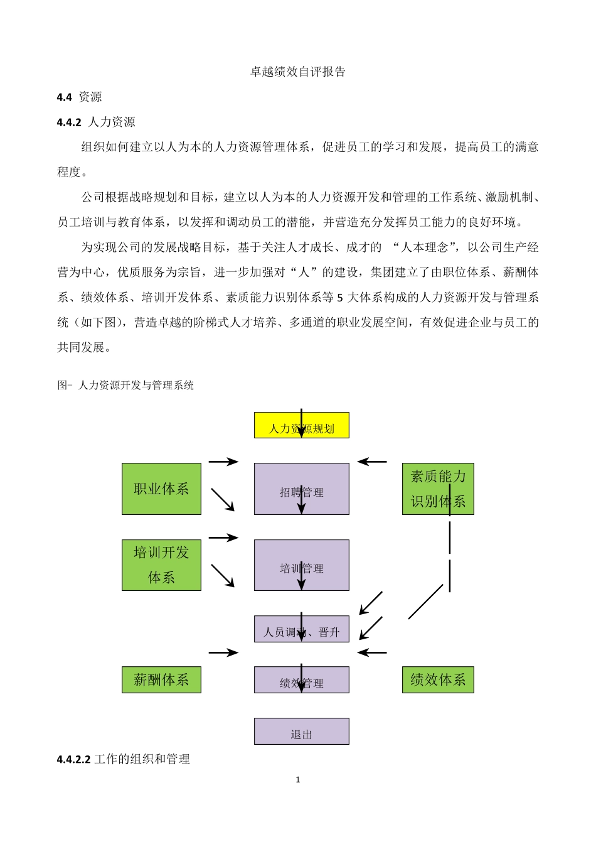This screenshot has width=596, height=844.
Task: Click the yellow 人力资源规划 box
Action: click(x=301, y=425)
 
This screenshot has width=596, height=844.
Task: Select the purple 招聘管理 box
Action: click(x=301, y=489)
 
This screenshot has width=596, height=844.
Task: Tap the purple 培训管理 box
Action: click(x=301, y=565)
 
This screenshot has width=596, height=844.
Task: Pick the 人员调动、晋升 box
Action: click(x=301, y=629)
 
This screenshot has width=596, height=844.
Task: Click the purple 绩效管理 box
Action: click(x=301, y=680)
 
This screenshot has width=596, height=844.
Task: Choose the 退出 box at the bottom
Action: click(x=301, y=732)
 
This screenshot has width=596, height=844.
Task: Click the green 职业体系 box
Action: click(x=161, y=489)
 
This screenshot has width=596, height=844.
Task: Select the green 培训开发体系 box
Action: click(x=161, y=565)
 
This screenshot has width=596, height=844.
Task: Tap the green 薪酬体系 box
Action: click(x=161, y=680)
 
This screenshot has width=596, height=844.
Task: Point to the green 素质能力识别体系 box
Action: click(x=438, y=489)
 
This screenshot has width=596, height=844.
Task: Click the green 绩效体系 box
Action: click(x=438, y=680)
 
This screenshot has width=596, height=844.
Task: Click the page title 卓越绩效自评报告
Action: click(x=298, y=72)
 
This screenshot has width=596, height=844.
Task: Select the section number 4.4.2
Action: click(x=69, y=122)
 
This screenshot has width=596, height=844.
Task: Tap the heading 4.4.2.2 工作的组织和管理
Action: click(x=123, y=759)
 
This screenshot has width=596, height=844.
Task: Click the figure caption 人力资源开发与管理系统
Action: click(x=136, y=385)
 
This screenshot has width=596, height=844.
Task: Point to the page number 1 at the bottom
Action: click(x=298, y=780)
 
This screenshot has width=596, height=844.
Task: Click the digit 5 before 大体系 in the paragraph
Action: click(x=341, y=298)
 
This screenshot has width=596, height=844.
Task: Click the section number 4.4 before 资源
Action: click(x=64, y=97)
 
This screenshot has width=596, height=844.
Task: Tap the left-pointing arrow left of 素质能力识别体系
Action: click(x=373, y=462)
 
